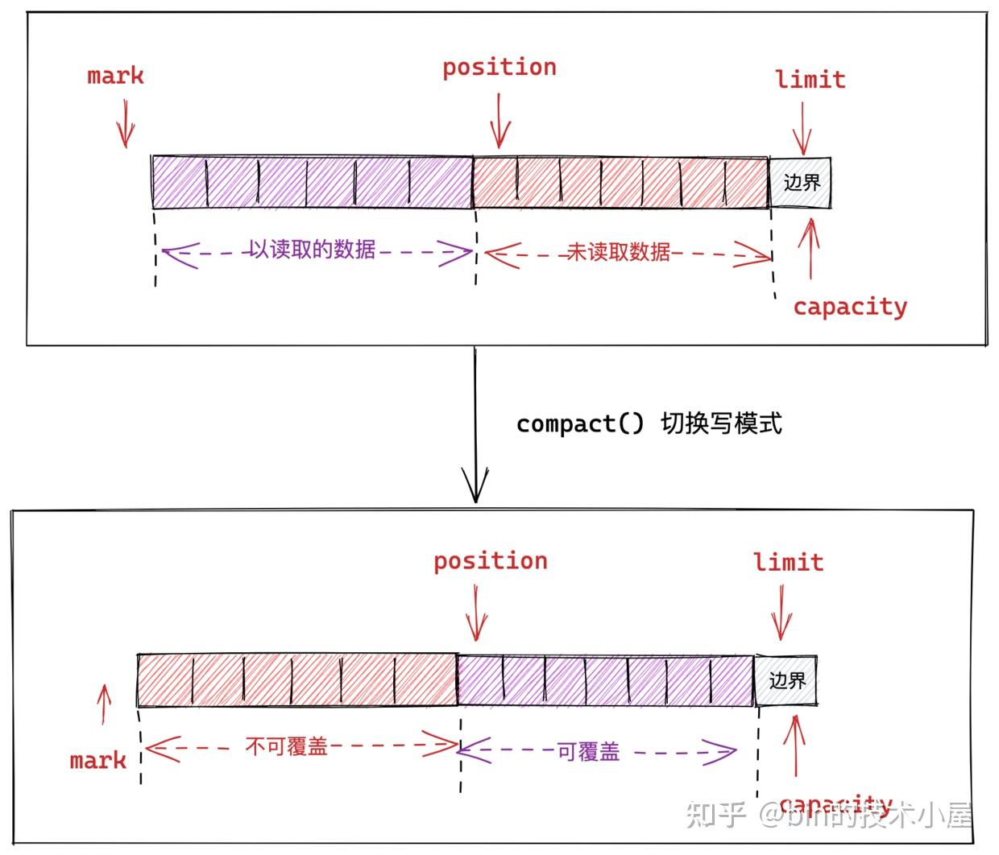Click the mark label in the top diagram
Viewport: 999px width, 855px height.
(115, 76)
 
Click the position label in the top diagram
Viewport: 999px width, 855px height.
(499, 68)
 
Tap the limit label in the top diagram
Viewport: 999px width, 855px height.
(810, 80)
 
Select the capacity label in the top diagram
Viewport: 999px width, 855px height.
(850, 307)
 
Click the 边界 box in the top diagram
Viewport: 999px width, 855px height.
(800, 182)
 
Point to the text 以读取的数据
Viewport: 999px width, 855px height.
(312, 250)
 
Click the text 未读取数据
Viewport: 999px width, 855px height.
(619, 252)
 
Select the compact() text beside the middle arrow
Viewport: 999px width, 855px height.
(579, 423)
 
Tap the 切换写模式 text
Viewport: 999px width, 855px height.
(721, 423)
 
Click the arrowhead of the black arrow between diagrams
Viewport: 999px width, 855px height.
(475, 486)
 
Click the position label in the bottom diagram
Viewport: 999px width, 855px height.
(491, 561)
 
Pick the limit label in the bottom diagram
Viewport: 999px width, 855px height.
(789, 562)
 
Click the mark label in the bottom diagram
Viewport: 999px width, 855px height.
(98, 761)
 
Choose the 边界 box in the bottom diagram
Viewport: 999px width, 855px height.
(786, 681)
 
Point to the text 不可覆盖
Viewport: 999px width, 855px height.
(286, 747)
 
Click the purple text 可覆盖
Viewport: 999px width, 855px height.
(589, 752)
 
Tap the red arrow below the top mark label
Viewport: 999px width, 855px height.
(125, 123)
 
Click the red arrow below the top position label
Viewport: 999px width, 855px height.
(499, 121)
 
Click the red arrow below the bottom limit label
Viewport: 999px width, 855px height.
(781, 613)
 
